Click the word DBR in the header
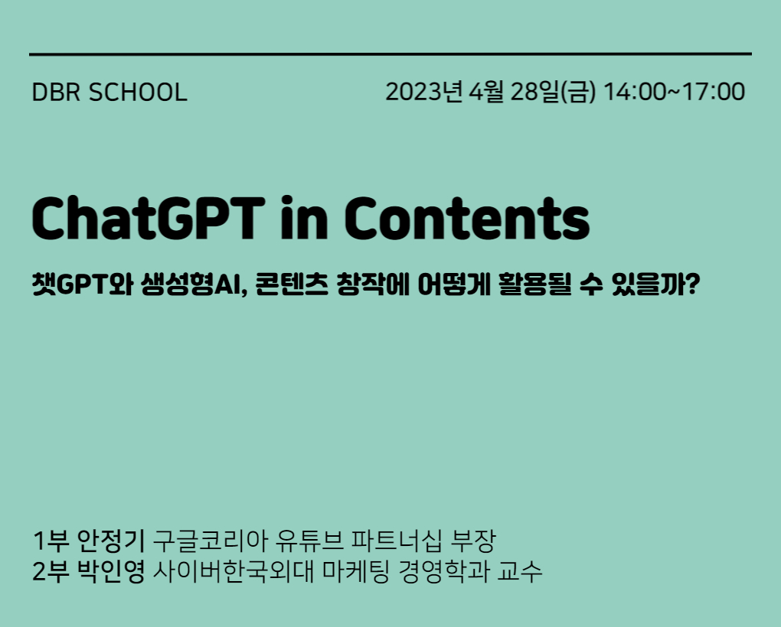[55, 93]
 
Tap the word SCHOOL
[138, 93]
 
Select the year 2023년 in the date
[424, 92]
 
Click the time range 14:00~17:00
[674, 92]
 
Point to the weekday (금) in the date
[578, 92]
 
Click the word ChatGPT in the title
[149, 218]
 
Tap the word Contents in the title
[467, 218]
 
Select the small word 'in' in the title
[304, 218]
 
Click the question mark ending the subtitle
[693, 284]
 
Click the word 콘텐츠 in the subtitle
[292, 284]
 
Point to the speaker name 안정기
[111, 541]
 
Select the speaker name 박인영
[111, 571]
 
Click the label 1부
[51, 541]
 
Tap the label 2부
[51, 571]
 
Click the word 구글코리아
[211, 541]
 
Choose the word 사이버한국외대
[233, 571]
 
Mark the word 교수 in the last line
[519, 571]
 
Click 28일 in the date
[535, 92]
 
